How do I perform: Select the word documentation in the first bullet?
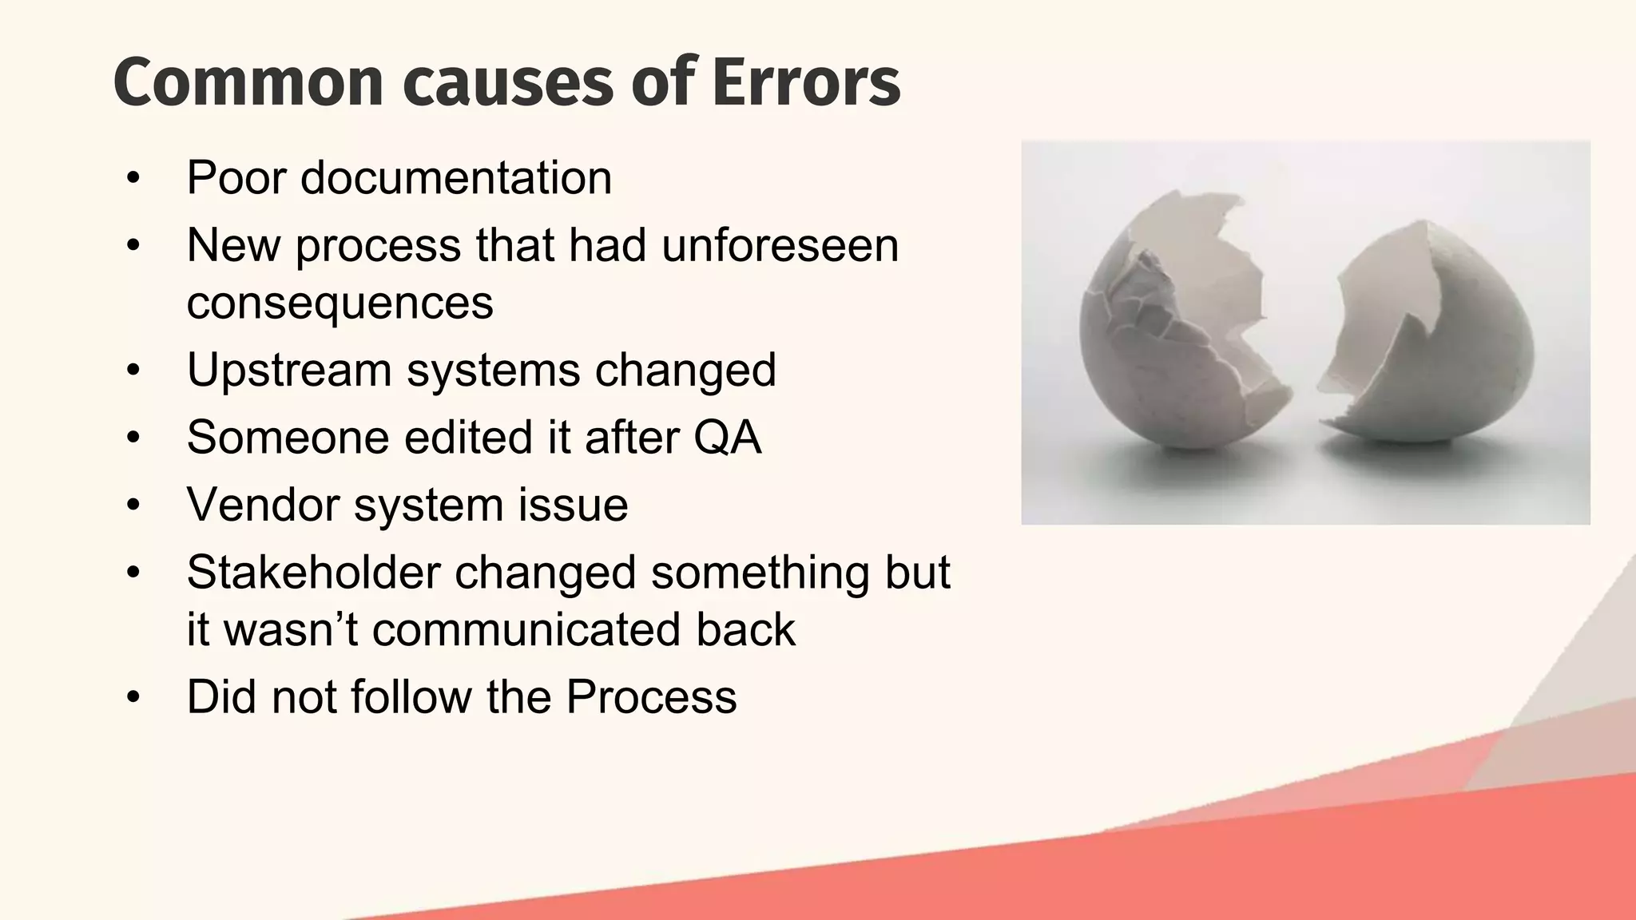(456, 177)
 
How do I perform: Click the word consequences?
(340, 303)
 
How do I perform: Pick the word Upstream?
(289, 370)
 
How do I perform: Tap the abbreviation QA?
(727, 438)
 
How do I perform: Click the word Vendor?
(264, 505)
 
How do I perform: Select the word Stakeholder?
(313, 573)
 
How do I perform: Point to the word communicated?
(526, 629)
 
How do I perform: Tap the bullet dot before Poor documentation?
(133, 178)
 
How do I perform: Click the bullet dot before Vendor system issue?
(133, 506)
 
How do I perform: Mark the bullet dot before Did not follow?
(133, 698)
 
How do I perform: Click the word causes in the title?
(509, 82)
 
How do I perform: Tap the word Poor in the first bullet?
(236, 177)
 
